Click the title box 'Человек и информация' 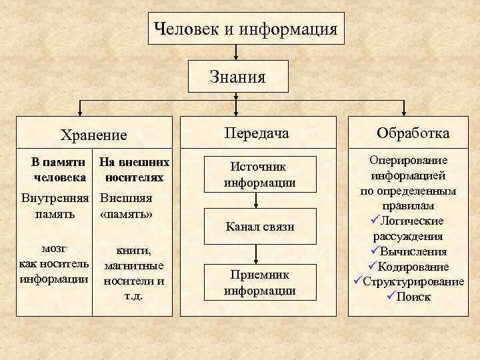245,29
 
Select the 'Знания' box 237,76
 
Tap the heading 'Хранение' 93,135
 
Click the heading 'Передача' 257,133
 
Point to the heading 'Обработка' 413,133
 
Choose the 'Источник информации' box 260,175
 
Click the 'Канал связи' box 260,227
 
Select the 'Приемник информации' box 260,283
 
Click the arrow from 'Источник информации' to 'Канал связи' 260,201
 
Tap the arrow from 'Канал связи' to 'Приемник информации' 260,255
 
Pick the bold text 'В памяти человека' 59,170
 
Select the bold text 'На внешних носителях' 133,170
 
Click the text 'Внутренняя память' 55,206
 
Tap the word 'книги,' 134,251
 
